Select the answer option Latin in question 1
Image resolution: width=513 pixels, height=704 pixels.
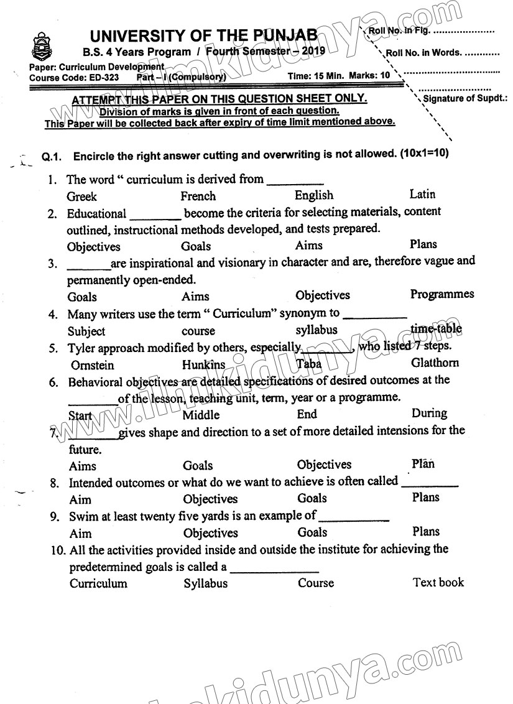tap(423, 195)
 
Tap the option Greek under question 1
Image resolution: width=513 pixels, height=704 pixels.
tap(82, 197)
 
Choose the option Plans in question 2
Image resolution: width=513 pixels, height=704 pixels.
tap(423, 244)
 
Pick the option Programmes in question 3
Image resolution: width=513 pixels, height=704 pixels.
tap(442, 294)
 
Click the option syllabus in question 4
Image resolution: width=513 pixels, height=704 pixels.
tap(317, 330)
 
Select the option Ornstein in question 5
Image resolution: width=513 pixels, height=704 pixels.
tap(93, 365)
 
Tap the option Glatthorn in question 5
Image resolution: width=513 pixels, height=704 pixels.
tap(435, 363)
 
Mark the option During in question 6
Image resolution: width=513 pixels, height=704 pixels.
tap(429, 413)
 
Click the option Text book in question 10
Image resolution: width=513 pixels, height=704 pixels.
tap(438, 582)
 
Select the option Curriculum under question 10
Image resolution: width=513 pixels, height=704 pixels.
tap(98, 583)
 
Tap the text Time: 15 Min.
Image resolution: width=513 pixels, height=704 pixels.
tap(315, 76)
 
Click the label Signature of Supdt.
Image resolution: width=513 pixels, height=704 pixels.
tap(465, 98)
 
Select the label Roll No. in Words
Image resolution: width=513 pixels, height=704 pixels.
tap(424, 53)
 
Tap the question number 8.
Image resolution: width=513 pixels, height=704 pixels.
tap(55, 483)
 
